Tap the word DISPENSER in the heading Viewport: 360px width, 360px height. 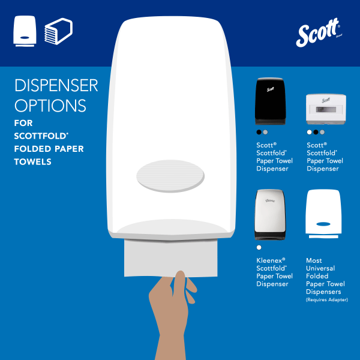[56, 86]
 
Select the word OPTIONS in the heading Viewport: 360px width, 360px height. [50, 106]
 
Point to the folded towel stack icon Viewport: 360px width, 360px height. [58, 31]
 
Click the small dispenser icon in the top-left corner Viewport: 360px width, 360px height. [24, 31]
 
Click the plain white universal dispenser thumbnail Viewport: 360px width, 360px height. [323, 214]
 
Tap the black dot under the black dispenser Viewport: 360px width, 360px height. [259, 132]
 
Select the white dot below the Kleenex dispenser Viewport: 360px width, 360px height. [259, 247]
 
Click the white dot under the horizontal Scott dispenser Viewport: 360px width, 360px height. [309, 132]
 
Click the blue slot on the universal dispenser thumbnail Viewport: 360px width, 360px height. [323, 223]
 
